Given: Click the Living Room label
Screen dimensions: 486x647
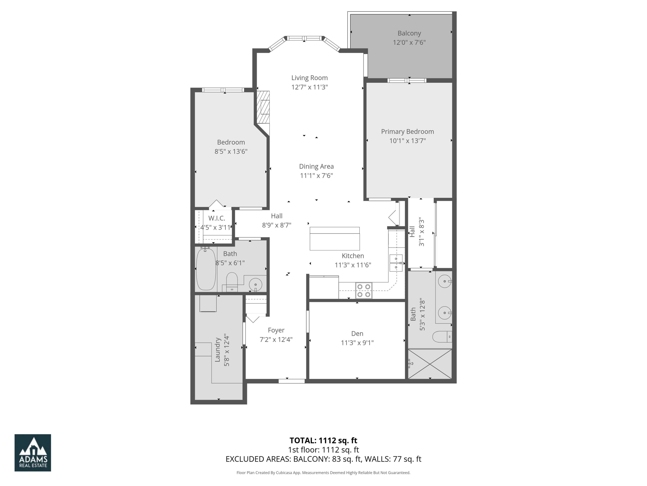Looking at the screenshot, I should pyautogui.click(x=309, y=78).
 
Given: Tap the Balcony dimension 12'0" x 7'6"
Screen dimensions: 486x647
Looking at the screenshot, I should pyautogui.click(x=409, y=43).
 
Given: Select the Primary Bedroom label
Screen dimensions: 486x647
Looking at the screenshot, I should pyautogui.click(x=407, y=132).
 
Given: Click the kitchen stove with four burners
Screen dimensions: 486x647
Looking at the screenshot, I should pyautogui.click(x=364, y=290).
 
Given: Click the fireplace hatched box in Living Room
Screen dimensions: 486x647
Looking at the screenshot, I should pyautogui.click(x=263, y=107).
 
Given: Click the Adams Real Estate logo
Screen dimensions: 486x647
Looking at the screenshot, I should pyautogui.click(x=33, y=453).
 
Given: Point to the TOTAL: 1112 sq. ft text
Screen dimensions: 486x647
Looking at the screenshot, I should pyautogui.click(x=323, y=440).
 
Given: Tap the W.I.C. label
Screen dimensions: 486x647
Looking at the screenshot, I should pyautogui.click(x=217, y=218).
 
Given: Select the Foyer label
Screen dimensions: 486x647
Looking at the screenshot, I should pyautogui.click(x=276, y=330).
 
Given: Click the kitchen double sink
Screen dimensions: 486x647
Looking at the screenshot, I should pyautogui.click(x=396, y=263).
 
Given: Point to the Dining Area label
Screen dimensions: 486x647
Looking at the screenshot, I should pyautogui.click(x=316, y=166).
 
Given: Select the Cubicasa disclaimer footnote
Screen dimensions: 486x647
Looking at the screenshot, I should pyautogui.click(x=323, y=473).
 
